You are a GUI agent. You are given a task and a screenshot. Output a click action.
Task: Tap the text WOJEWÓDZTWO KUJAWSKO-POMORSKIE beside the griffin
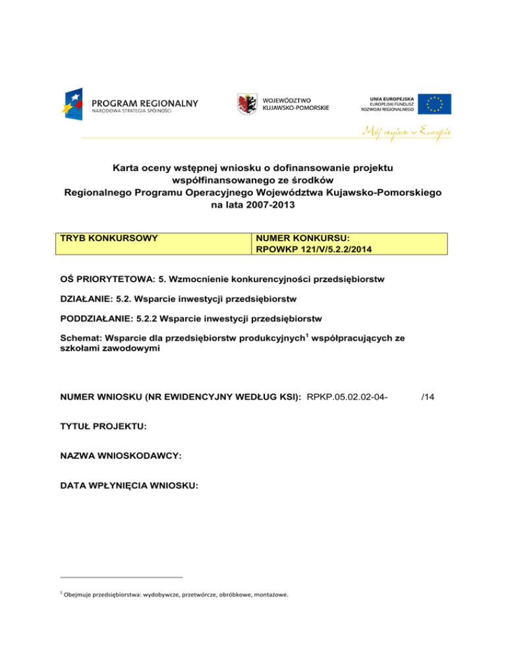tap(296, 103)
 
